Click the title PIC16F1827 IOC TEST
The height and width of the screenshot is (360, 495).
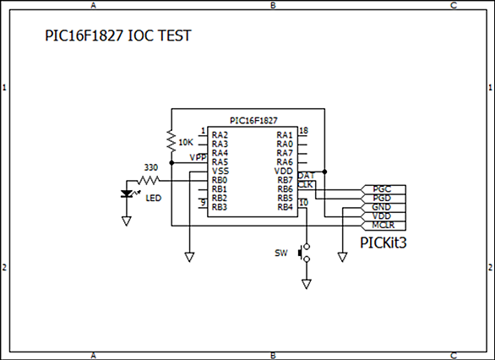point(118,35)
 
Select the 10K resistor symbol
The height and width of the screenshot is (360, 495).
point(171,140)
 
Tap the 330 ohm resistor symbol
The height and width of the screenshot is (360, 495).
point(149,181)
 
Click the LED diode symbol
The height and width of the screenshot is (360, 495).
point(127,194)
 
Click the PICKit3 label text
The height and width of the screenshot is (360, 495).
point(383,243)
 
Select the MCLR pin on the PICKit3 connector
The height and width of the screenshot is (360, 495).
point(383,225)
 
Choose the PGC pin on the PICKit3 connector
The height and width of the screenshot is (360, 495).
point(383,189)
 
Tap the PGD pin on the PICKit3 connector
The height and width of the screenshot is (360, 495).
point(383,199)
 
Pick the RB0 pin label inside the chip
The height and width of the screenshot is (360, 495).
point(220,180)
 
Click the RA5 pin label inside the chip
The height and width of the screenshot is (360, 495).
point(220,162)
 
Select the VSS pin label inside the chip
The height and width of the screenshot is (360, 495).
point(220,172)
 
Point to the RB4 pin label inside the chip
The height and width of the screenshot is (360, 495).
point(285,207)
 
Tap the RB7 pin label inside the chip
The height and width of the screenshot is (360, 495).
point(285,180)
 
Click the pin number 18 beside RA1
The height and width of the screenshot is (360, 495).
point(303,130)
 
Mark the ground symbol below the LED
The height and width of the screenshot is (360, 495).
point(127,221)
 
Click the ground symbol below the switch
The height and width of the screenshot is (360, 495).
point(307,284)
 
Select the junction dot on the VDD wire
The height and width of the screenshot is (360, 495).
point(324,172)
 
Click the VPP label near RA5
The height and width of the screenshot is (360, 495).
point(199,157)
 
